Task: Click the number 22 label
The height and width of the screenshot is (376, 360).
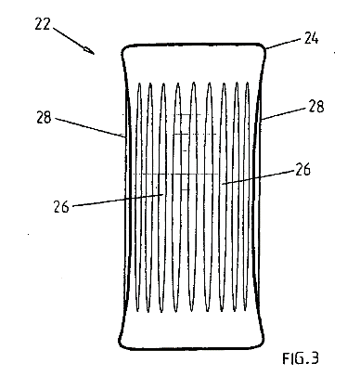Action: tap(42, 24)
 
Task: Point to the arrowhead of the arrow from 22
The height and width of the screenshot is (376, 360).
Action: tap(90, 51)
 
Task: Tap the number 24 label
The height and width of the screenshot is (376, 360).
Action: tap(311, 38)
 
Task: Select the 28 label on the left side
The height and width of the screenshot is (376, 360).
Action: tap(44, 118)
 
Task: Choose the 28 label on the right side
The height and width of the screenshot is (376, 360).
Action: tap(315, 106)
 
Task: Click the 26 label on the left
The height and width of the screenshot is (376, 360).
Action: tap(61, 206)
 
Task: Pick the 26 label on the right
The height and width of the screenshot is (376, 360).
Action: tap(302, 170)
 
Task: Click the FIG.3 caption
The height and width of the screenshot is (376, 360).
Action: tap(301, 358)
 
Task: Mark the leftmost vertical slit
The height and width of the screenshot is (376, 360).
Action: tap(139, 197)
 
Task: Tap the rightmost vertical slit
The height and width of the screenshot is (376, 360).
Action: tap(247, 197)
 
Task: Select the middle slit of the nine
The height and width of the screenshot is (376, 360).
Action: tap(193, 197)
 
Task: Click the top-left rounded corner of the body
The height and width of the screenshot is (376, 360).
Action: tap(124, 50)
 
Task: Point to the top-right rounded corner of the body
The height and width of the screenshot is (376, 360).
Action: tap(264, 49)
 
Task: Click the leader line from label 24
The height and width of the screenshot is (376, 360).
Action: tap(283, 44)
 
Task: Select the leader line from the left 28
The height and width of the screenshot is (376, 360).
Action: tap(90, 127)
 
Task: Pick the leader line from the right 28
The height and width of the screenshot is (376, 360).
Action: tap(284, 113)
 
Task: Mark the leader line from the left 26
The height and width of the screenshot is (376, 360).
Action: tap(118, 200)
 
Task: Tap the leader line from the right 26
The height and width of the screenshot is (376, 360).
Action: tap(258, 177)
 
